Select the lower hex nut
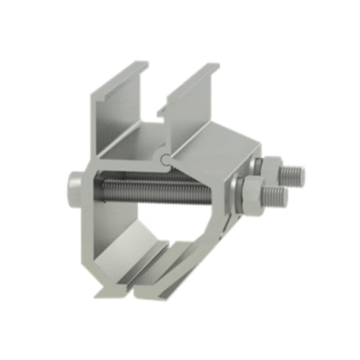[x=250, y=190]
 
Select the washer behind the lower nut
[x=237, y=193]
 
